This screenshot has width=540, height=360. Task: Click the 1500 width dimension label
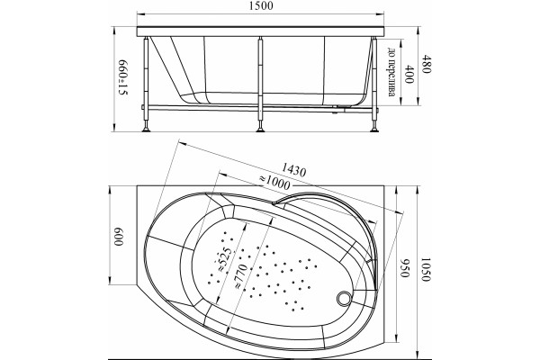260,6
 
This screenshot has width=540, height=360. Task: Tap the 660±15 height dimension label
123,78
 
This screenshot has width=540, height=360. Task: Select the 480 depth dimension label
426,65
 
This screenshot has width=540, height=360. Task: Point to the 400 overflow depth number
409,74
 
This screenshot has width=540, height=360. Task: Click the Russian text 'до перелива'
391,72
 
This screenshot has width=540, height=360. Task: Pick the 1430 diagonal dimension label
293,170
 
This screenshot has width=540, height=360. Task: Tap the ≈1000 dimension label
274,183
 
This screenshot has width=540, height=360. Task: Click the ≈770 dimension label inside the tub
240,276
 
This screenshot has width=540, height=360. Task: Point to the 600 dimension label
119,237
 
